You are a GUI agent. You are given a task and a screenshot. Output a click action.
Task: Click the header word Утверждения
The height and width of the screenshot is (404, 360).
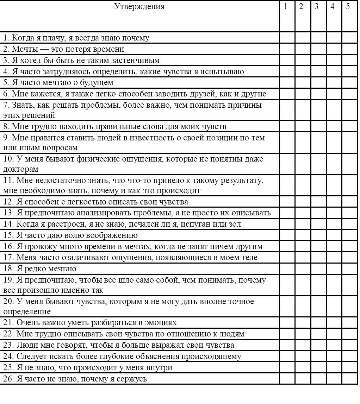(139, 6)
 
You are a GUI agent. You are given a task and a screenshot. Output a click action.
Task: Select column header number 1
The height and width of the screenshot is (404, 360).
(286, 6)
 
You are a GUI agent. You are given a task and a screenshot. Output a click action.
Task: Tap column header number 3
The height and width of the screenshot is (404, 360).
(317, 6)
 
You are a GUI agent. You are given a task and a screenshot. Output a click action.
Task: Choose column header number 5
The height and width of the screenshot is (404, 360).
(348, 6)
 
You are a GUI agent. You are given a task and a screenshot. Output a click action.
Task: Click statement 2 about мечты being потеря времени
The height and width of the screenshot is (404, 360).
(63, 49)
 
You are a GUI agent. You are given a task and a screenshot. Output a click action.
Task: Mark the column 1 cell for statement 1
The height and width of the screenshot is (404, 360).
(287, 38)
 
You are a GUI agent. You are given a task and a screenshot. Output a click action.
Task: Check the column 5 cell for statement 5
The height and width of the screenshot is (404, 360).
(349, 83)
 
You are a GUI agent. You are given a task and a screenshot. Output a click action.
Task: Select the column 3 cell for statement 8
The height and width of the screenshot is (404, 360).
(318, 126)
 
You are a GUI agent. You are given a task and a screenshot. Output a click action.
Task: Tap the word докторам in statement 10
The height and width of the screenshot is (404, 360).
(21, 169)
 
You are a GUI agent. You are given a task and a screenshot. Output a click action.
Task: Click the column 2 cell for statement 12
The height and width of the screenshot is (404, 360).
(303, 202)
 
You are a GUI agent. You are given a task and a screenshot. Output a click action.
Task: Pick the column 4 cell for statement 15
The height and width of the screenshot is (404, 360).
(334, 235)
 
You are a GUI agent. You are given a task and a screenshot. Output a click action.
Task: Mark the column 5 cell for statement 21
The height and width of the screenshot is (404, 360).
(349, 322)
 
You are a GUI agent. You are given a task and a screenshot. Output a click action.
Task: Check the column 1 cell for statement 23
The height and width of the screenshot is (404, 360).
(287, 345)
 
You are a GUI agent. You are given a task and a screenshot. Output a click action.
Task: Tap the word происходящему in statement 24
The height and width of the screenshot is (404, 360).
(211, 356)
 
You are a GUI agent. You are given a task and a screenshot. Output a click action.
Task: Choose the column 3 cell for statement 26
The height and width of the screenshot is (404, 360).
(318, 379)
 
